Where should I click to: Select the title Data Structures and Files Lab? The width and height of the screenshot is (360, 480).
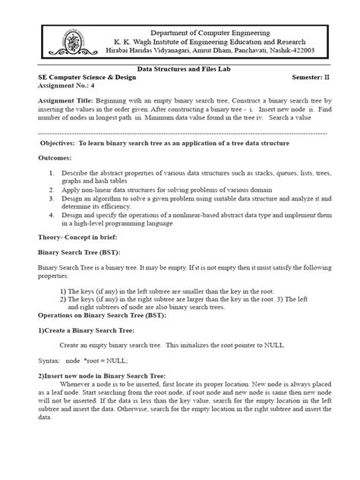179,68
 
